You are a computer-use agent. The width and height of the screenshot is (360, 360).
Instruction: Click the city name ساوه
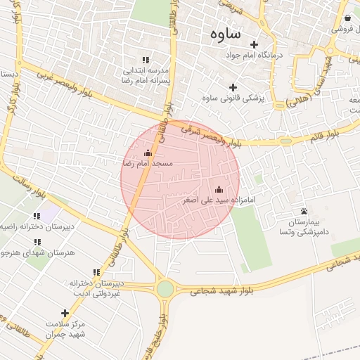click(225, 34)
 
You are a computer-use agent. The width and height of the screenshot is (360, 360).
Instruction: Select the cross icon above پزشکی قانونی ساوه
click(233, 87)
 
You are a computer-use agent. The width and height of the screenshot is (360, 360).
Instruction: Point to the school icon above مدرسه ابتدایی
click(146, 60)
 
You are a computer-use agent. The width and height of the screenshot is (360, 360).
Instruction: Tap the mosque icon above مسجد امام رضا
click(148, 153)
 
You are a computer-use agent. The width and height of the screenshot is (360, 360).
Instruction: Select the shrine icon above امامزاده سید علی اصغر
click(218, 189)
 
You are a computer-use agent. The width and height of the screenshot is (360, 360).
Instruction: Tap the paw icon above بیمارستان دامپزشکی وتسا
click(304, 211)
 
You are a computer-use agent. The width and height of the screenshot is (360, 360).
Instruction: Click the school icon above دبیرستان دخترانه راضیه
click(37, 216)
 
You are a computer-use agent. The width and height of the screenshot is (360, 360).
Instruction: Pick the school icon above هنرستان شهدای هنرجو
click(37, 241)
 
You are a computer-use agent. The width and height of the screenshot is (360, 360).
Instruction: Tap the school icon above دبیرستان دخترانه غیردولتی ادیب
click(96, 272)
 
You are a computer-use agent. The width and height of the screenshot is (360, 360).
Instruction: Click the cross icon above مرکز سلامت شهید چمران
click(65, 313)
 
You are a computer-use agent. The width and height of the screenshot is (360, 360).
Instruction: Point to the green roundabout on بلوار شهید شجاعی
click(165, 289)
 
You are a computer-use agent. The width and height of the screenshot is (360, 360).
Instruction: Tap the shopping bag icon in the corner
click(348, 18)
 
